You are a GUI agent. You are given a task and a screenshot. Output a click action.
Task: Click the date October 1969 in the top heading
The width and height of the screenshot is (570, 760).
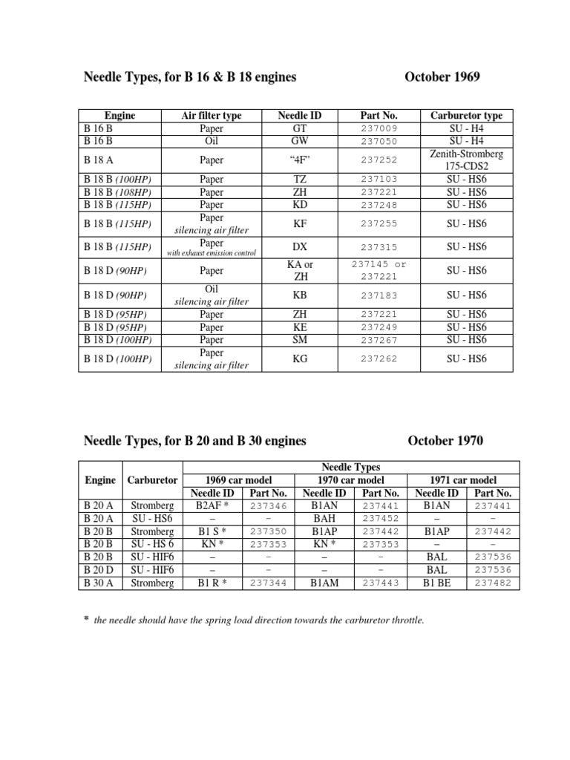coord(442,77)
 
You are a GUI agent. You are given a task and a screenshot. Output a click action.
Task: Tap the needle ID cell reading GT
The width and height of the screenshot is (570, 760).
coord(299,128)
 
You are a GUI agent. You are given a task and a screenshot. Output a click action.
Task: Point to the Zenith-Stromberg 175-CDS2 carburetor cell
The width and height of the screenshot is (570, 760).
coord(466,159)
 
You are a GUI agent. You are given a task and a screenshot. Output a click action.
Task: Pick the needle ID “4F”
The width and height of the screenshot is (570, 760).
coord(299,159)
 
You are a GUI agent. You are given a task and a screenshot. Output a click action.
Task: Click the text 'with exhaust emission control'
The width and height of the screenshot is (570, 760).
coord(212,253)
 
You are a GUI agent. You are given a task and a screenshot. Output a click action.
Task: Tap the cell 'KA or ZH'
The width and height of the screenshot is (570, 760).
coord(299,271)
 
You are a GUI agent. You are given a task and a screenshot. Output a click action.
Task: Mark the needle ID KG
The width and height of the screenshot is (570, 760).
coord(299,358)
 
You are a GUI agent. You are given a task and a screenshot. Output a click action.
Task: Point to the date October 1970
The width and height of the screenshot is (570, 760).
coord(445,441)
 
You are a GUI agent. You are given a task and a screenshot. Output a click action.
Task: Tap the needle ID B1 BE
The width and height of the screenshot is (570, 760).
coord(436,583)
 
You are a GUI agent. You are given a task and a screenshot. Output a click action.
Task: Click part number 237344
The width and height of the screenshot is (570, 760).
coord(268,583)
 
